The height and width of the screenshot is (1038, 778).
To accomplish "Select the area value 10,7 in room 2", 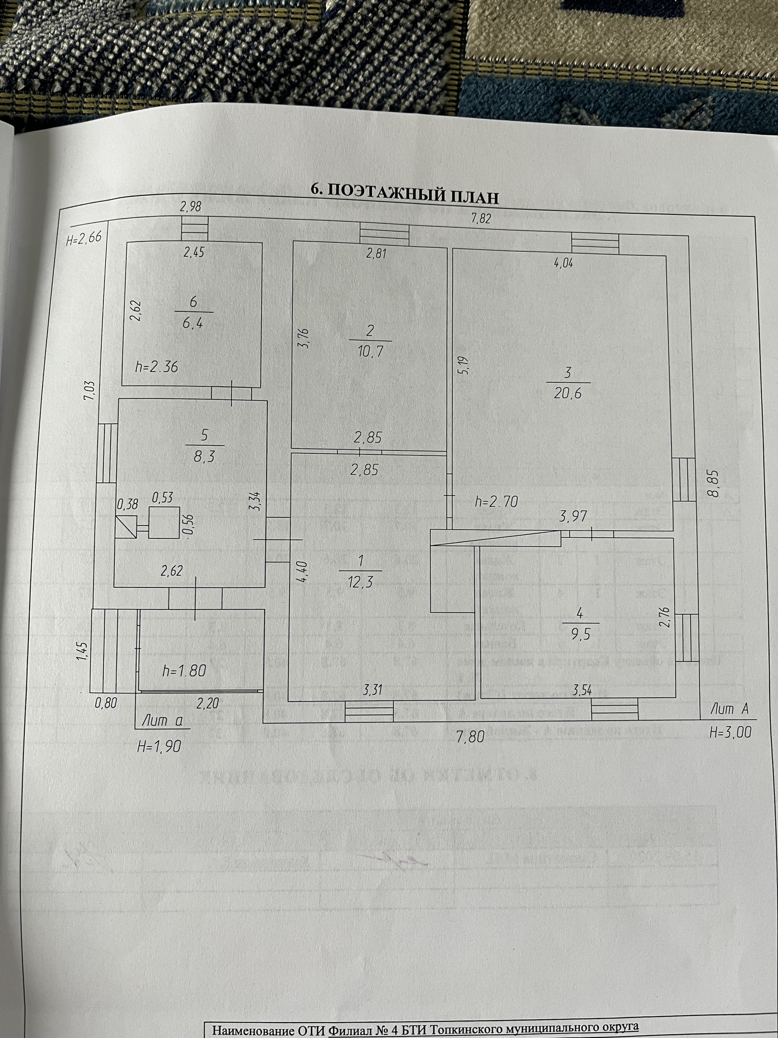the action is (370, 351).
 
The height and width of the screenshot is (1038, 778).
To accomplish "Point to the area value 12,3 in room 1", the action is (360, 582).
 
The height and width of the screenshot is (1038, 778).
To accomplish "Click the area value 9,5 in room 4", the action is (580, 634).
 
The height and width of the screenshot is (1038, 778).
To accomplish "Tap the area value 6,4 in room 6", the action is (193, 323).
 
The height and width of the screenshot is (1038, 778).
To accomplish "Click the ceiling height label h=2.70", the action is (496, 502).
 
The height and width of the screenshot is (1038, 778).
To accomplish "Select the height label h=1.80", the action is (184, 670).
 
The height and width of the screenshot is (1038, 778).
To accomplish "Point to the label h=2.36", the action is (157, 367).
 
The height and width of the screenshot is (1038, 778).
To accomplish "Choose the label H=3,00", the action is (730, 732).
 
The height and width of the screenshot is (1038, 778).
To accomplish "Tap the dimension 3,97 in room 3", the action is (573, 516).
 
